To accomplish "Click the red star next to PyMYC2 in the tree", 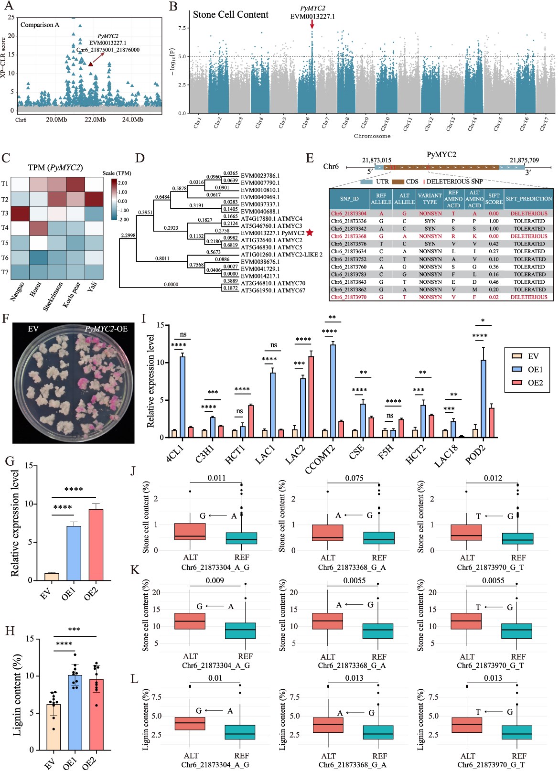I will tap(310, 233).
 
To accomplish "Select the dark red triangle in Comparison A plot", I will tap(91, 63).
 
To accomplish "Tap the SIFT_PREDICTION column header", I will tap(528, 199).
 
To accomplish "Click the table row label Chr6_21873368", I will tap(348, 236).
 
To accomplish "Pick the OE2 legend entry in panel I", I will tap(527, 383).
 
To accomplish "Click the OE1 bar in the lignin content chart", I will tap(75, 712).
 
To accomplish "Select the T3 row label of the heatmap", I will tap(5, 213).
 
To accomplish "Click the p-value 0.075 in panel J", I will tap(354, 478).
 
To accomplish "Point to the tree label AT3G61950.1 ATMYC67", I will tap(272, 290).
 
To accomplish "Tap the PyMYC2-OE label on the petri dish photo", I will tap(106, 329).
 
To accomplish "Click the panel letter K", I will tap(135, 570).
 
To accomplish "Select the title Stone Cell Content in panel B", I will tap(230, 15).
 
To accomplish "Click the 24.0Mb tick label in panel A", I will tap(132, 119).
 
